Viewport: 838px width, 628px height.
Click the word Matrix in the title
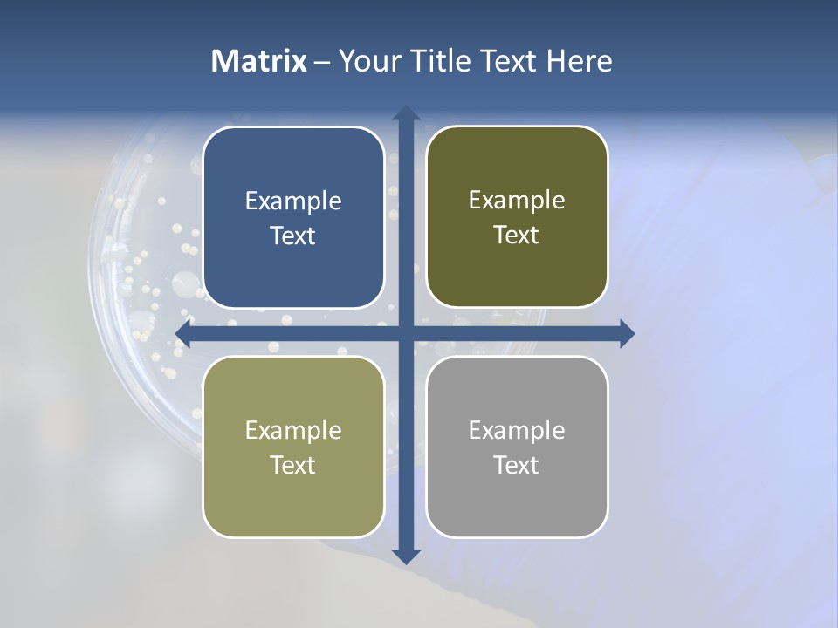(259, 61)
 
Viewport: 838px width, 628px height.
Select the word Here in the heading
(579, 61)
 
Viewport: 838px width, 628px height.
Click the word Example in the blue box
(293, 201)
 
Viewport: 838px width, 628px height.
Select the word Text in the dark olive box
(517, 235)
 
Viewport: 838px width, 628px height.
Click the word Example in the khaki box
(293, 431)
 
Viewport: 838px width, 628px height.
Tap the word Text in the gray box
(517, 466)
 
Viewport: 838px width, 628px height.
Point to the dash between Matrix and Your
(322, 62)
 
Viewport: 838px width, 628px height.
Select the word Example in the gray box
(517, 431)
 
